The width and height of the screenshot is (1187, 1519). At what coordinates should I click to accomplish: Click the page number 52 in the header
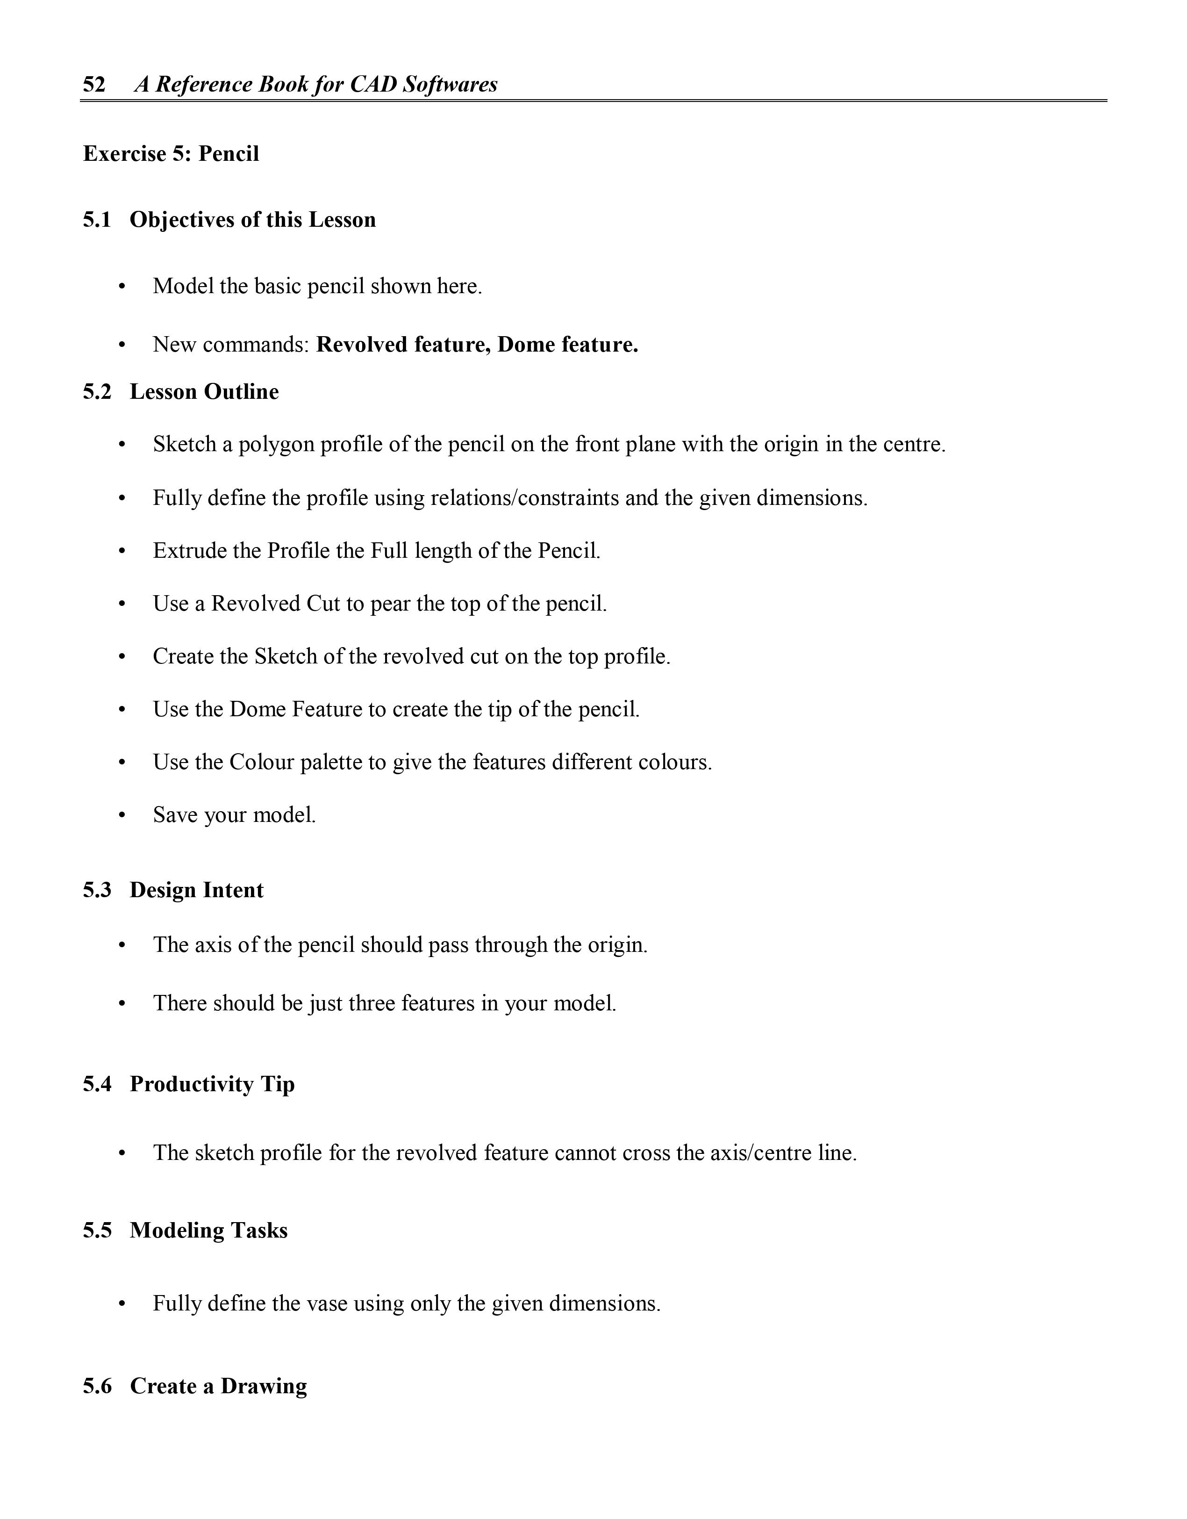click(94, 85)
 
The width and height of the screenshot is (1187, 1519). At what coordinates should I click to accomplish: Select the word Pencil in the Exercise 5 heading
click(229, 154)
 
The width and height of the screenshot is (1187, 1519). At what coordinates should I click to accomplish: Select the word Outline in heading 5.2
click(242, 392)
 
